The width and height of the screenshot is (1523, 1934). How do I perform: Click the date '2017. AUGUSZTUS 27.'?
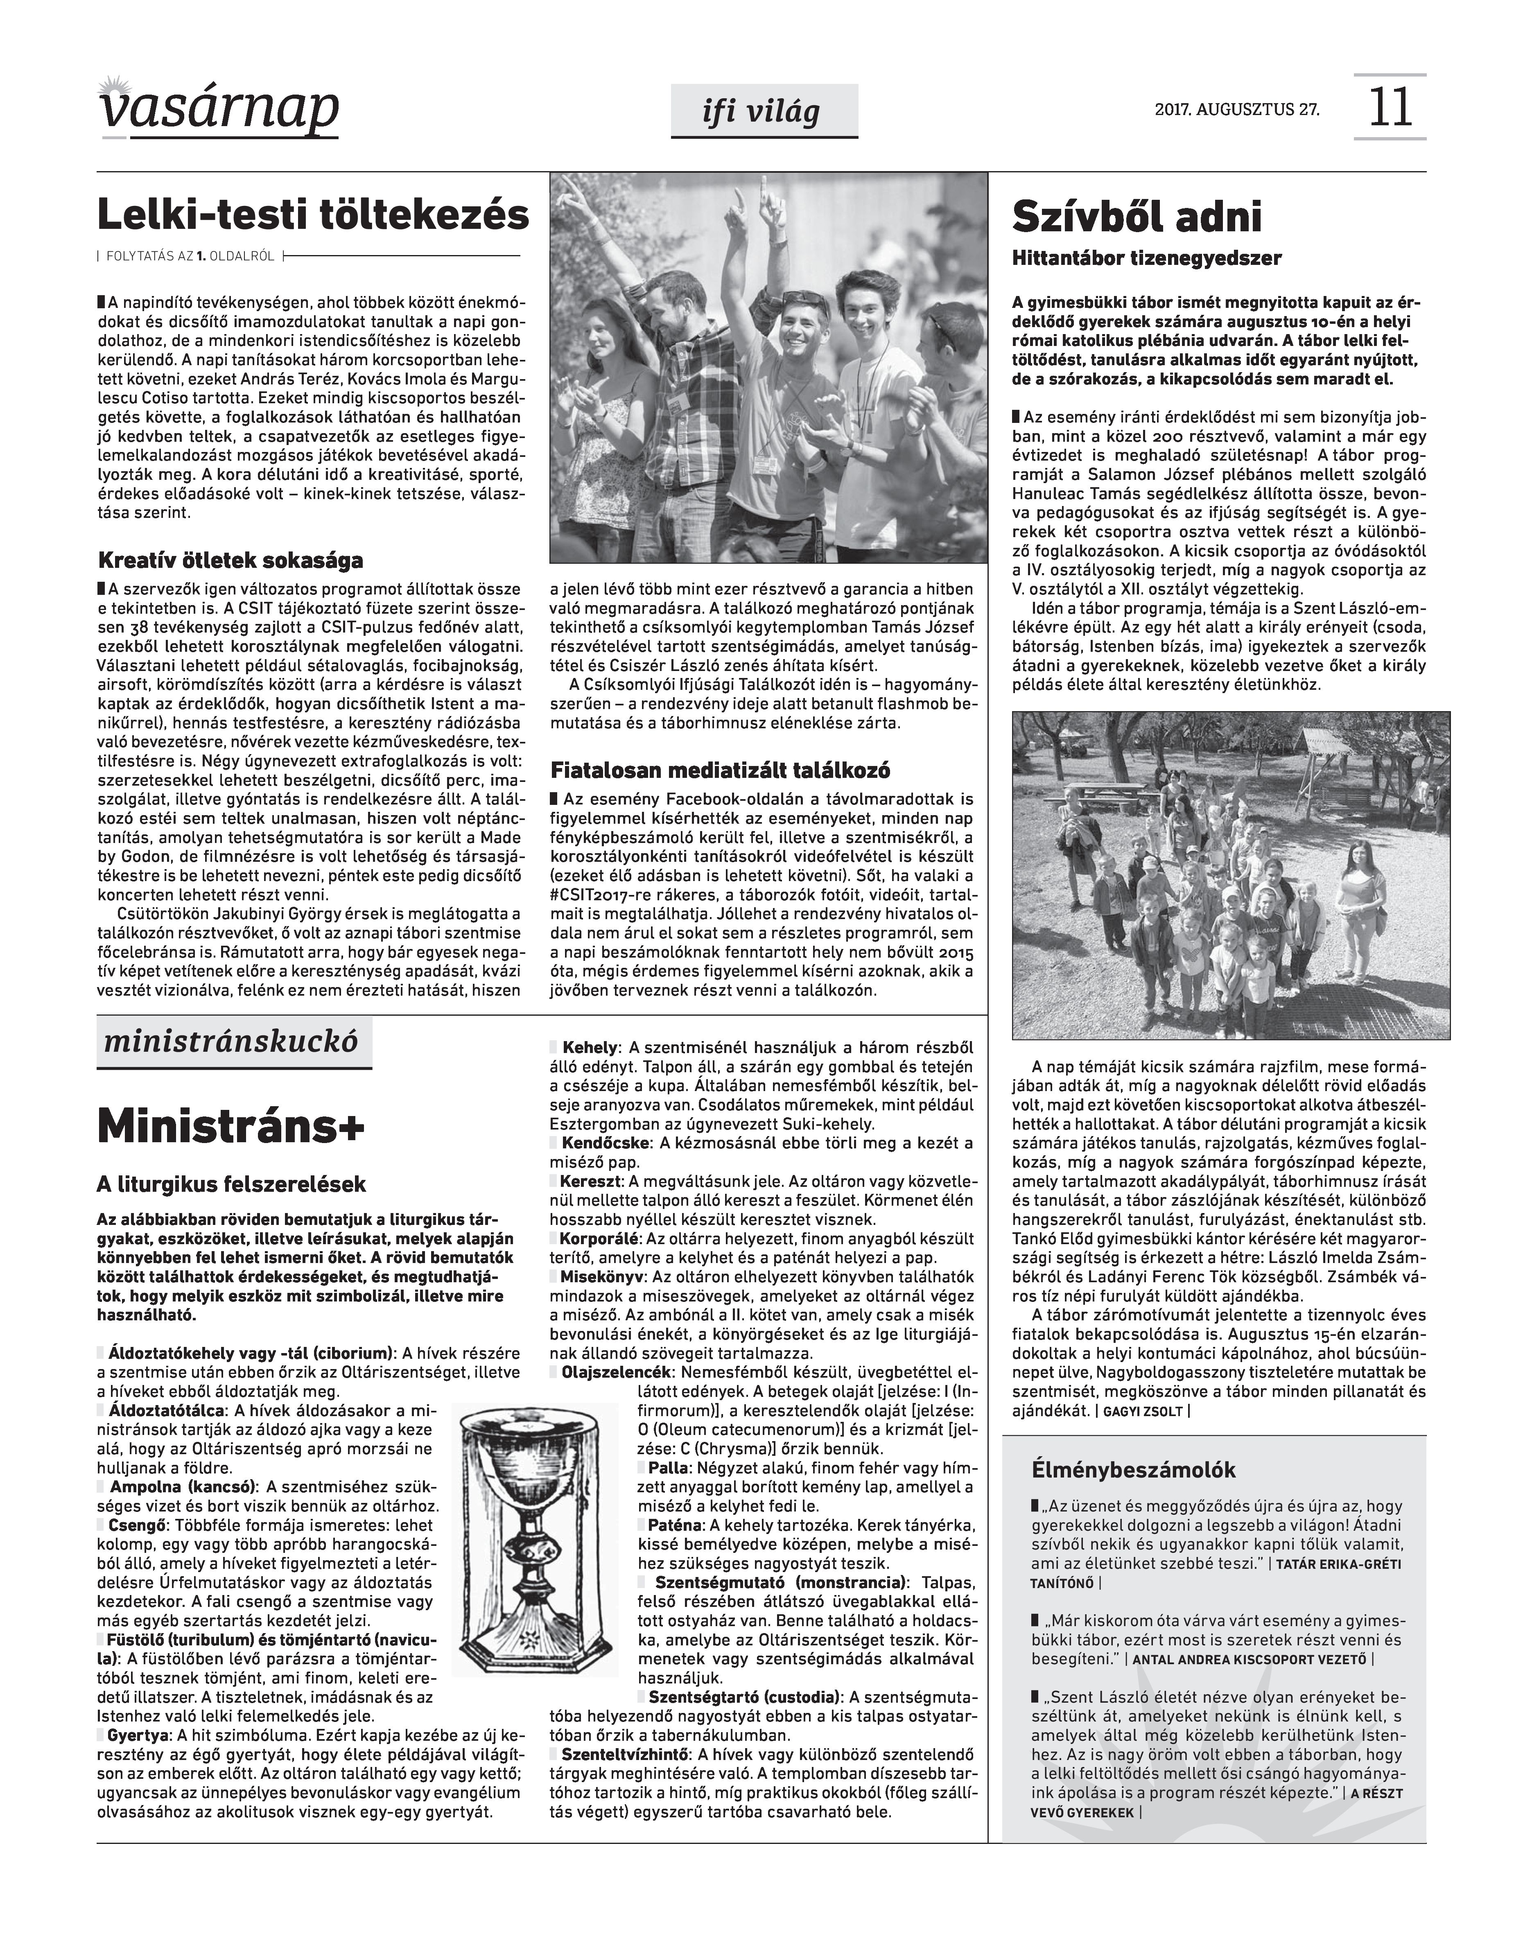(1237, 111)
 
